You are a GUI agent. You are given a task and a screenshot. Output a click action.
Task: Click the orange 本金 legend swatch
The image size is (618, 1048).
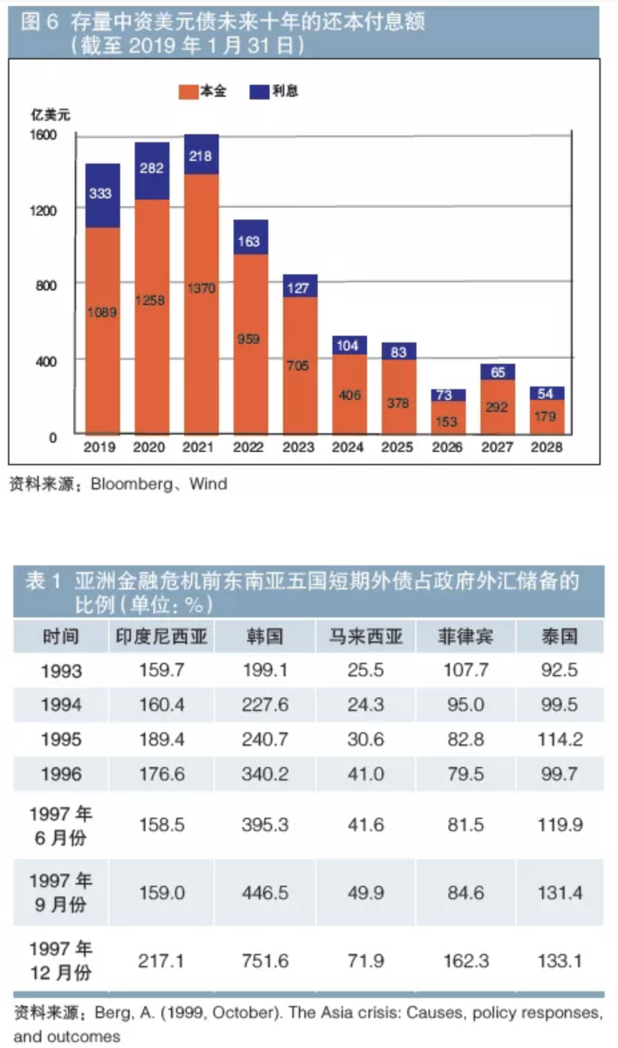[x=188, y=91]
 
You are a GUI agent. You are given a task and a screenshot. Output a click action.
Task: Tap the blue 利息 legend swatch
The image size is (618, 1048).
[x=259, y=91]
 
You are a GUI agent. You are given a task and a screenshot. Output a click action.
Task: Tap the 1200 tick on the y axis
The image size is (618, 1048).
[x=43, y=210]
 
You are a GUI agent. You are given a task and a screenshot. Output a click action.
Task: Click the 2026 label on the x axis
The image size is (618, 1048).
[x=446, y=447]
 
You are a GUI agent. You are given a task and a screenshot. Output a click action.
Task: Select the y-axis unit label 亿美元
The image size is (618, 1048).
[x=50, y=115]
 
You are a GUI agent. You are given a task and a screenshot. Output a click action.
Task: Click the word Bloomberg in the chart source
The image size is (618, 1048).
[x=131, y=484]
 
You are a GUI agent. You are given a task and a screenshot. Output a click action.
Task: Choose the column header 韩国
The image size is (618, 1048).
[x=264, y=636]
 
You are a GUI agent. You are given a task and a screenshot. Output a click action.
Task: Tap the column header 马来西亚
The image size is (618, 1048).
[x=365, y=636]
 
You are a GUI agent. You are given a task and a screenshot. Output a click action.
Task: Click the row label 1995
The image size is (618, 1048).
[x=61, y=740]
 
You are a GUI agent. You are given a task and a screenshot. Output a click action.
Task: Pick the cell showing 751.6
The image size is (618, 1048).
[x=264, y=961]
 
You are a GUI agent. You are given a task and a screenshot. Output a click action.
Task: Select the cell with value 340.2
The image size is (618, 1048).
[x=264, y=774]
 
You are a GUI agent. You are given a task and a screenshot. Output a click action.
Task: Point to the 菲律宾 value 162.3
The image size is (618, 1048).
[x=466, y=961]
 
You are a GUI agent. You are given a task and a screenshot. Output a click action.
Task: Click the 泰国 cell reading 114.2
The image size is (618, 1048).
[x=559, y=740]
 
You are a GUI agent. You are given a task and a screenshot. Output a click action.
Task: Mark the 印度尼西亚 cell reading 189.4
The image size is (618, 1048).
[x=162, y=740]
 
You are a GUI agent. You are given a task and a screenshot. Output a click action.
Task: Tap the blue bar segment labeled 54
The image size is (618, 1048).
[x=547, y=393]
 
